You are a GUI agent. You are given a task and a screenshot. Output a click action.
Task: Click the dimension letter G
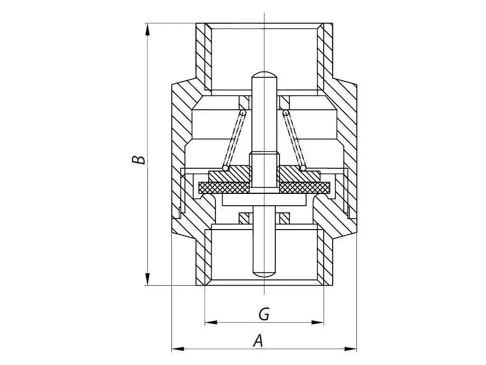[x=264, y=314]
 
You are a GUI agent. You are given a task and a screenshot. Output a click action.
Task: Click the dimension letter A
[x=258, y=340]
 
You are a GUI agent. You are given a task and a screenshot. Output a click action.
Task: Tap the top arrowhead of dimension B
[x=148, y=29]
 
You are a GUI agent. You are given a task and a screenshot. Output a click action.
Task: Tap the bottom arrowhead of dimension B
[x=148, y=279]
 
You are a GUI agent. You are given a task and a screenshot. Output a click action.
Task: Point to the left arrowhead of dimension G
[x=211, y=323]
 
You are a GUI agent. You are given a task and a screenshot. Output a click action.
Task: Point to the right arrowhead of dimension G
[x=318, y=323]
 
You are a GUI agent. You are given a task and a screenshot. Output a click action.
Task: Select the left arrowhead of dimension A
[x=178, y=349]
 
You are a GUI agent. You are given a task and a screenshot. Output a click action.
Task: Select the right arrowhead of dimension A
[x=350, y=349]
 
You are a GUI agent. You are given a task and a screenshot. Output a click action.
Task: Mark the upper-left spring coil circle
[x=243, y=112]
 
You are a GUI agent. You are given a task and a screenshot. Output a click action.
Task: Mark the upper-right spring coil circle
[x=286, y=112]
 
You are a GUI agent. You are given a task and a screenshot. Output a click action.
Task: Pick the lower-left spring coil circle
[x=225, y=168]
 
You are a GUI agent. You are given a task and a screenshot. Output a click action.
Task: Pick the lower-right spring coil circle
[x=303, y=168]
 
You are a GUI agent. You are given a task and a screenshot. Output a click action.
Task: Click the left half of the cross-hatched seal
[x=224, y=186]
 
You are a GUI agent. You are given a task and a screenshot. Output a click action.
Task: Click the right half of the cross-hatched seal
[x=305, y=186]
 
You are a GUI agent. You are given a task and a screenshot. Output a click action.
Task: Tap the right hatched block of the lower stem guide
[x=285, y=219]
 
